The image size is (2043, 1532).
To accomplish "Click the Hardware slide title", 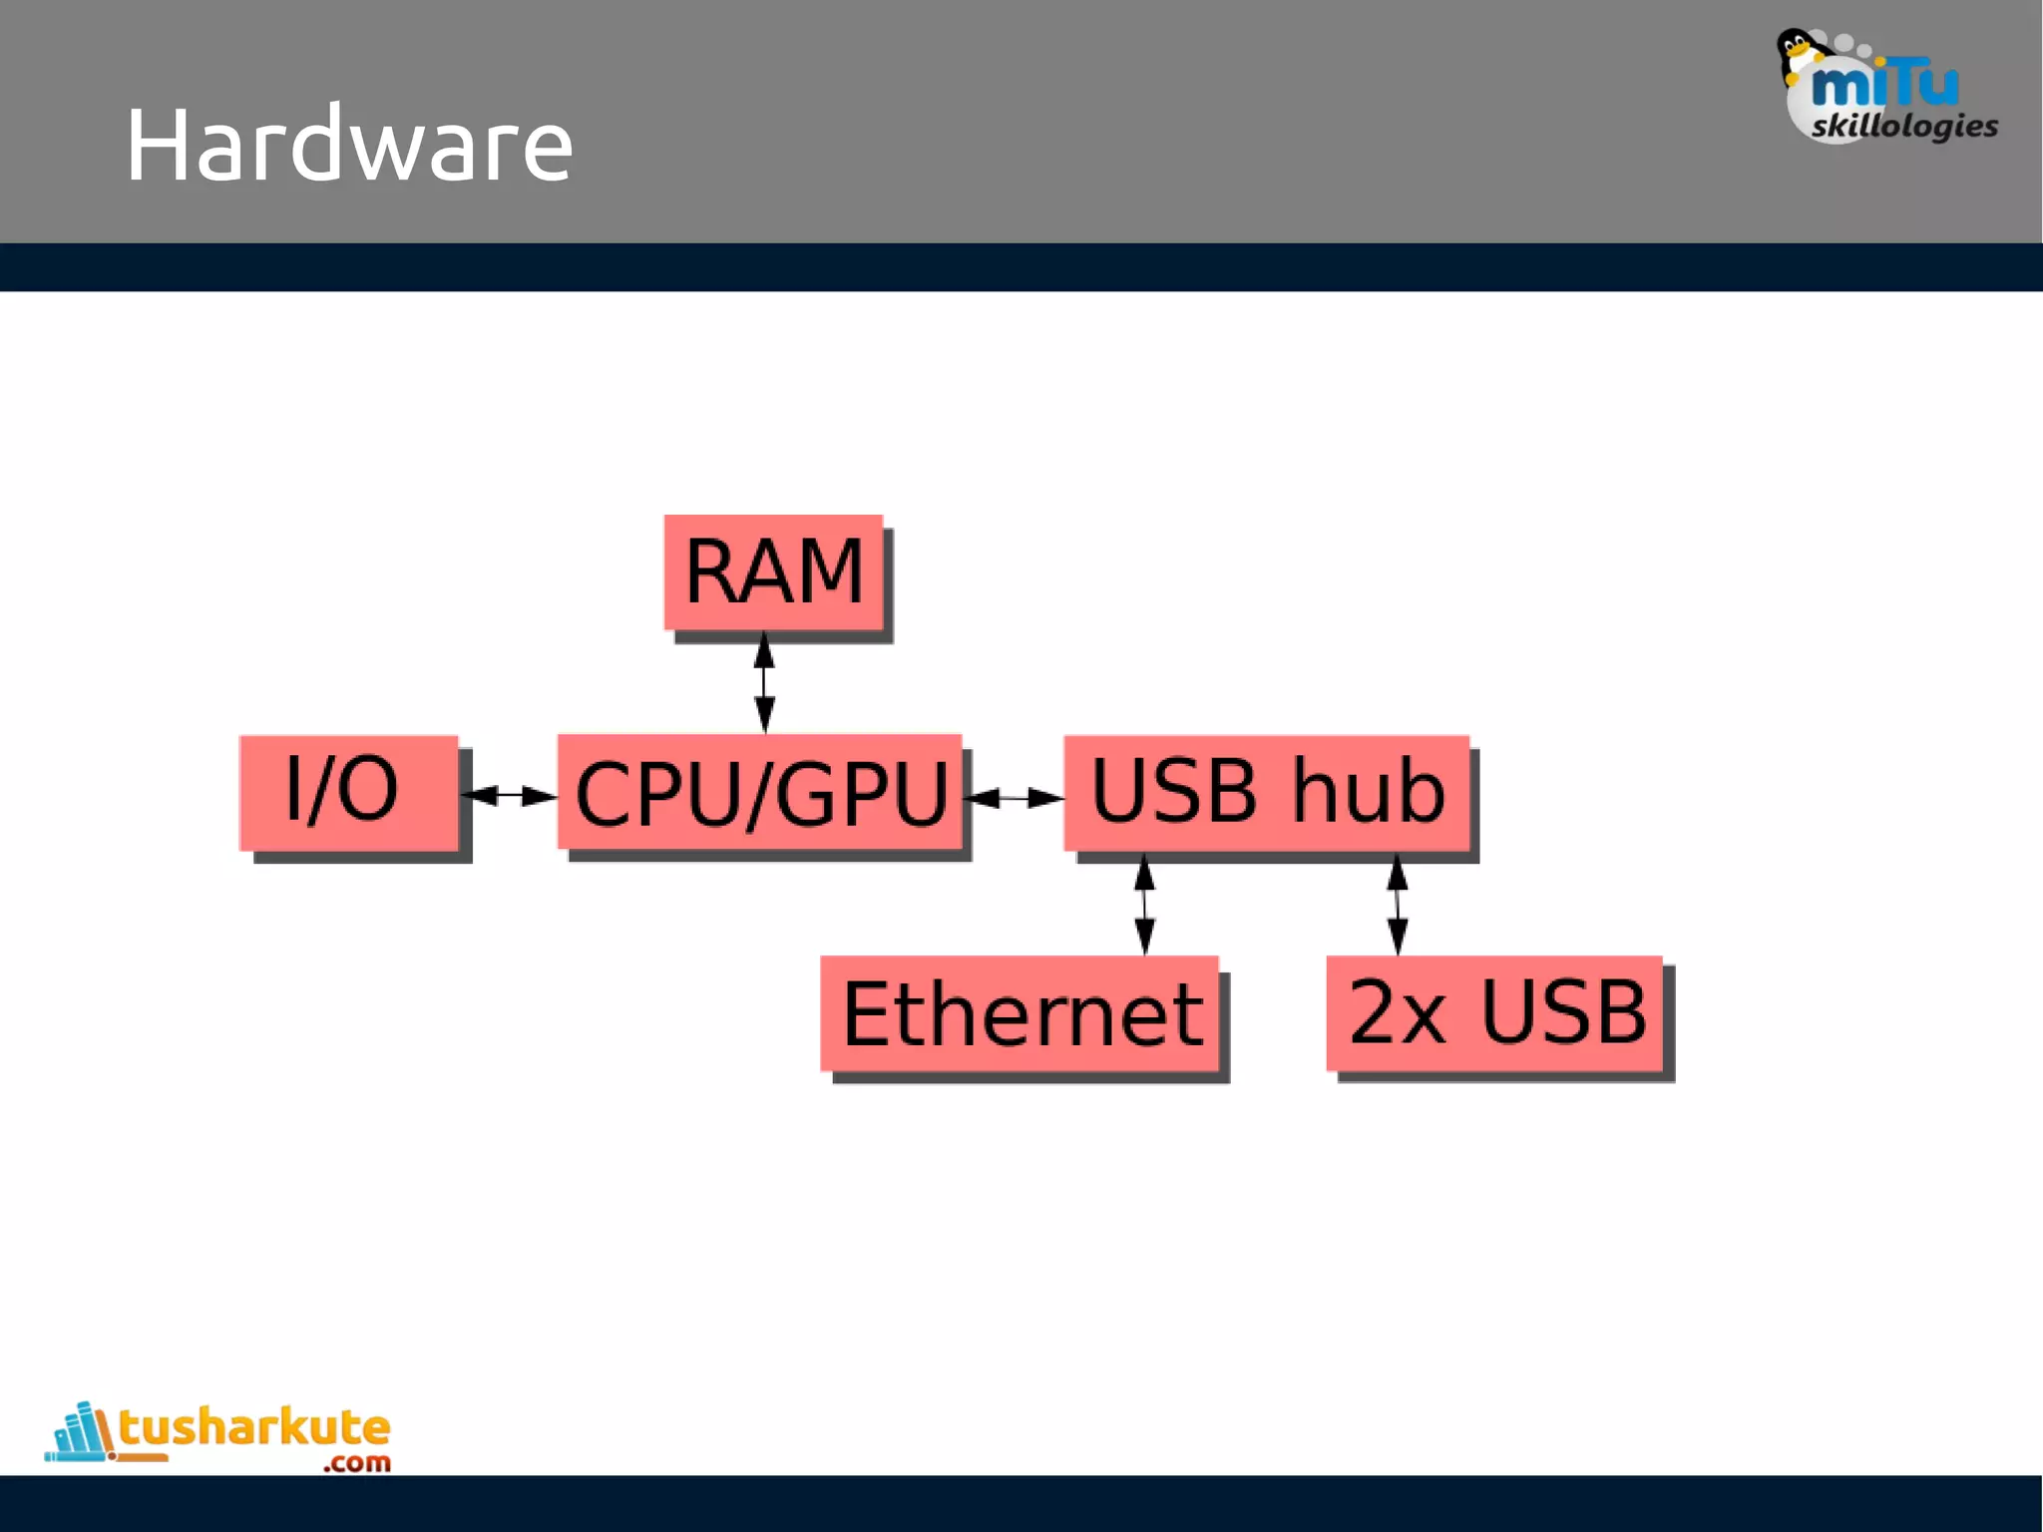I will pyautogui.click(x=348, y=146).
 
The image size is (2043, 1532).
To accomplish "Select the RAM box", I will pyautogui.click(x=773, y=573).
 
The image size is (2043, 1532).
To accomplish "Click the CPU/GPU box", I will pyautogui.click(x=759, y=794).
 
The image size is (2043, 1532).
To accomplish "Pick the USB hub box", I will pyautogui.click(x=1266, y=792).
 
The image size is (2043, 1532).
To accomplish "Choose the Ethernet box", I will pyautogui.click(x=1020, y=1013).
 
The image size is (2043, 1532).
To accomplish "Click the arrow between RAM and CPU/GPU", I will pyautogui.click(x=764, y=683).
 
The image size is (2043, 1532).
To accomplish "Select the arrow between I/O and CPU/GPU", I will pyautogui.click(x=510, y=795).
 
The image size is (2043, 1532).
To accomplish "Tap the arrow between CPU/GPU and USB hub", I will pyautogui.click(x=1016, y=798).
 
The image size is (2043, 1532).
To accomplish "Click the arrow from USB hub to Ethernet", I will pyautogui.click(x=1145, y=905).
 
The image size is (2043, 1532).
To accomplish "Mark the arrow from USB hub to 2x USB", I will pyautogui.click(x=1398, y=905).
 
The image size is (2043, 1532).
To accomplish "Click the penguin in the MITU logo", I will pyautogui.click(x=1797, y=55).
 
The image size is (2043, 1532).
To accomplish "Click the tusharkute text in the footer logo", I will pyautogui.click(x=254, y=1427).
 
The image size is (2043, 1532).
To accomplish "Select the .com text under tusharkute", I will pyautogui.click(x=356, y=1463).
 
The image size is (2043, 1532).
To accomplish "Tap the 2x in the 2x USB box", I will pyautogui.click(x=1396, y=1013).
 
